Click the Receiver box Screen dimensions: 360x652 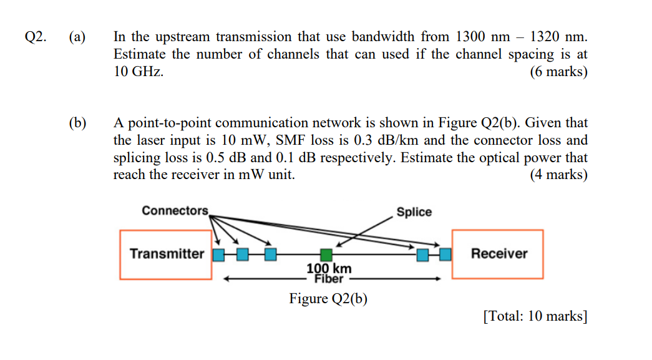pos(498,254)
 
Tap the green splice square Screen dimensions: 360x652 pos(326,254)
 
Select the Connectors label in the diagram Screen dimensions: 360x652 pos(175,210)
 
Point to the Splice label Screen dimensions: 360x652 pos(414,212)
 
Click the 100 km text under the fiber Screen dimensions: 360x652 pos(329,268)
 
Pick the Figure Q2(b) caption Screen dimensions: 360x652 pos(328,299)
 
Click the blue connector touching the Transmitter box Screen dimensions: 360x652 pos(218,254)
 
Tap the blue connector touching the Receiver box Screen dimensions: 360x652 pos(444,254)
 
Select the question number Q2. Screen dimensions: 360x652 pos(35,37)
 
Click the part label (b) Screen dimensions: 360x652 pos(77,123)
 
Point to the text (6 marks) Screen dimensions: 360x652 pos(558,72)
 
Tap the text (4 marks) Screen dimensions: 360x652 pos(558,175)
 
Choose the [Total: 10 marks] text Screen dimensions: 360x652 pos(535,316)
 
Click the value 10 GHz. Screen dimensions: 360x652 pos(139,72)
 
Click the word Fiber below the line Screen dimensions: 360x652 pos(329,279)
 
